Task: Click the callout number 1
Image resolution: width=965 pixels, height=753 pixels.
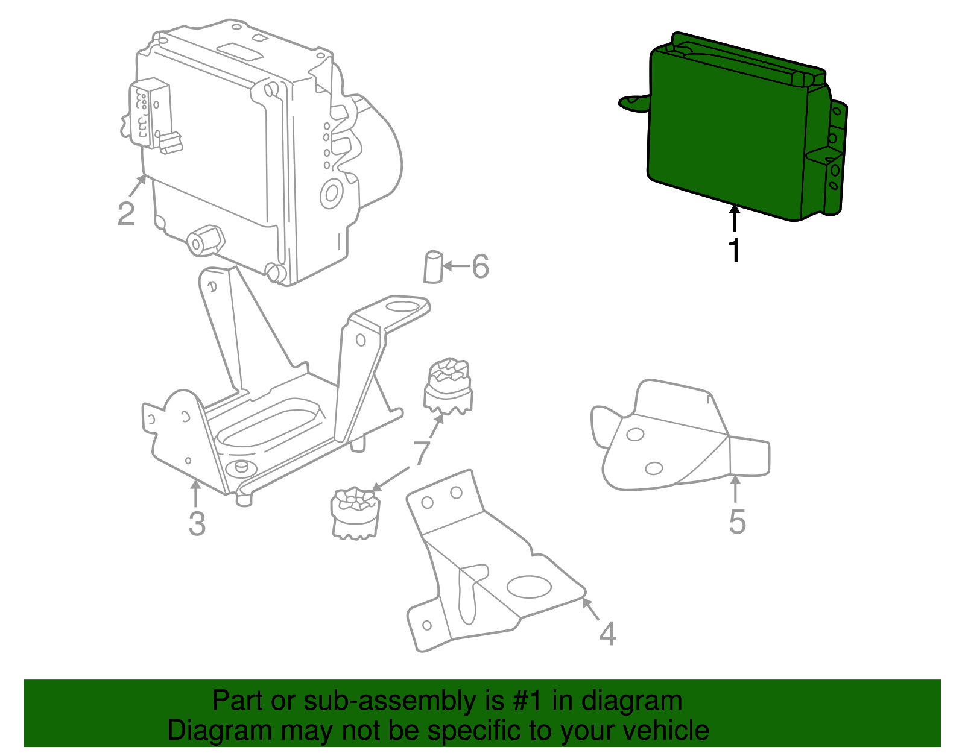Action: [x=734, y=250]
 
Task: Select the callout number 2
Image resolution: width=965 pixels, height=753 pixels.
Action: [x=125, y=214]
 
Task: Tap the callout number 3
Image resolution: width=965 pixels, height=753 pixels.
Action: [x=197, y=523]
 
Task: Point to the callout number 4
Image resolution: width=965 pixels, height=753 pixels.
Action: [x=607, y=634]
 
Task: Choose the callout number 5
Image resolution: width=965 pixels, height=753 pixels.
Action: [x=737, y=521]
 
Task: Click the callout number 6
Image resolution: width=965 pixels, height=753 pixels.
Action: [x=480, y=266]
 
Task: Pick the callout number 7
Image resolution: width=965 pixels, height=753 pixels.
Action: [x=422, y=452]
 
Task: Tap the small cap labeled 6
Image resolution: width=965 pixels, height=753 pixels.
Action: [x=433, y=267]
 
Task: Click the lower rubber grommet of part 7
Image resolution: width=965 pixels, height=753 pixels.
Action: [x=356, y=512]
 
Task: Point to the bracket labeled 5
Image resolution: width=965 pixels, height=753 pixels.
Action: [x=669, y=440]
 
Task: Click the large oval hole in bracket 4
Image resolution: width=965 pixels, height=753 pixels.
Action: [x=530, y=587]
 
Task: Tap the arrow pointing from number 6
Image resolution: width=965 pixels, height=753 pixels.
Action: [x=457, y=266]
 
